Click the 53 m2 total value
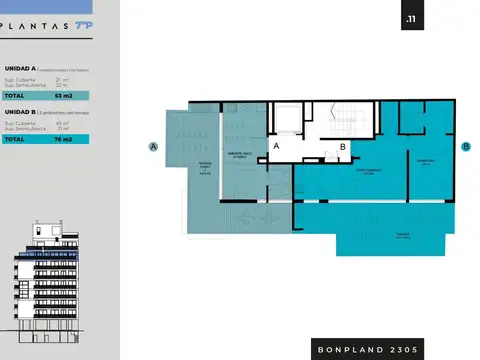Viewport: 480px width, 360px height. [x=63, y=96]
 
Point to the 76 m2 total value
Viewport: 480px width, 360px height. [x=63, y=140]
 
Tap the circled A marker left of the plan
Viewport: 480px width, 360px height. [x=154, y=146]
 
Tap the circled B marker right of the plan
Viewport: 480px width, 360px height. [x=466, y=146]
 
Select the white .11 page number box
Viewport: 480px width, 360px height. [x=409, y=21]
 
